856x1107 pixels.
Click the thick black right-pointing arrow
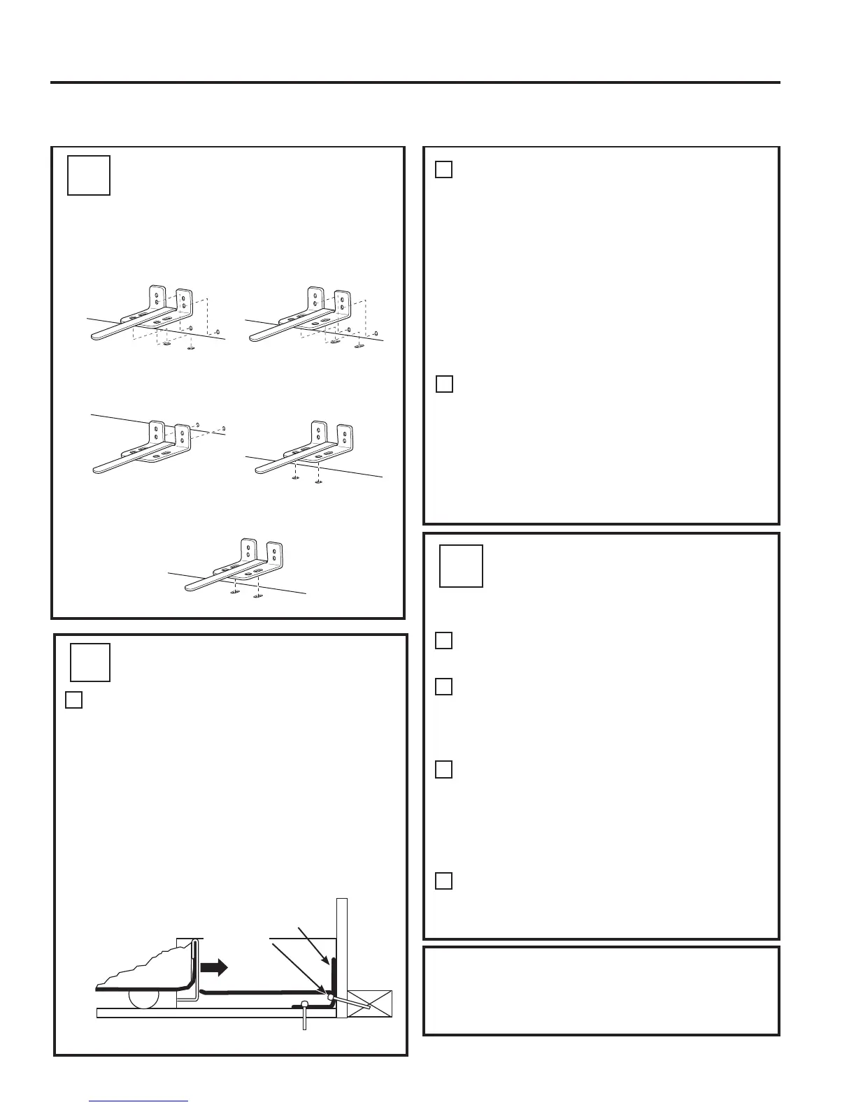(214, 967)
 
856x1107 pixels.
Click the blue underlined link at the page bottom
(139, 1101)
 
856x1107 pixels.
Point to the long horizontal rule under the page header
(415, 82)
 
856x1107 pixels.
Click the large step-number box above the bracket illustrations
(89, 175)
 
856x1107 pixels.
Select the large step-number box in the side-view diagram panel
(90, 662)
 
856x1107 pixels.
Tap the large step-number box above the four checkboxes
(461, 565)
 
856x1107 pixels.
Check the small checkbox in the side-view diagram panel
(74, 700)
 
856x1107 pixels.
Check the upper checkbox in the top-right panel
(444, 169)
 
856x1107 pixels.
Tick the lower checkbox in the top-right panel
(444, 384)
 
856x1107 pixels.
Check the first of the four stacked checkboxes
(443, 640)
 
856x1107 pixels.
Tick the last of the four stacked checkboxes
(443, 881)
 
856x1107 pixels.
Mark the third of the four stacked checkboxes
(443, 769)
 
